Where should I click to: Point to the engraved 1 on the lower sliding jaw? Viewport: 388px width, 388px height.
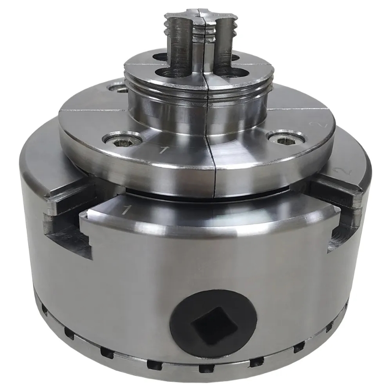[126, 210]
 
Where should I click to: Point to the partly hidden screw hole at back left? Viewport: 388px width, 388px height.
[116, 88]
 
